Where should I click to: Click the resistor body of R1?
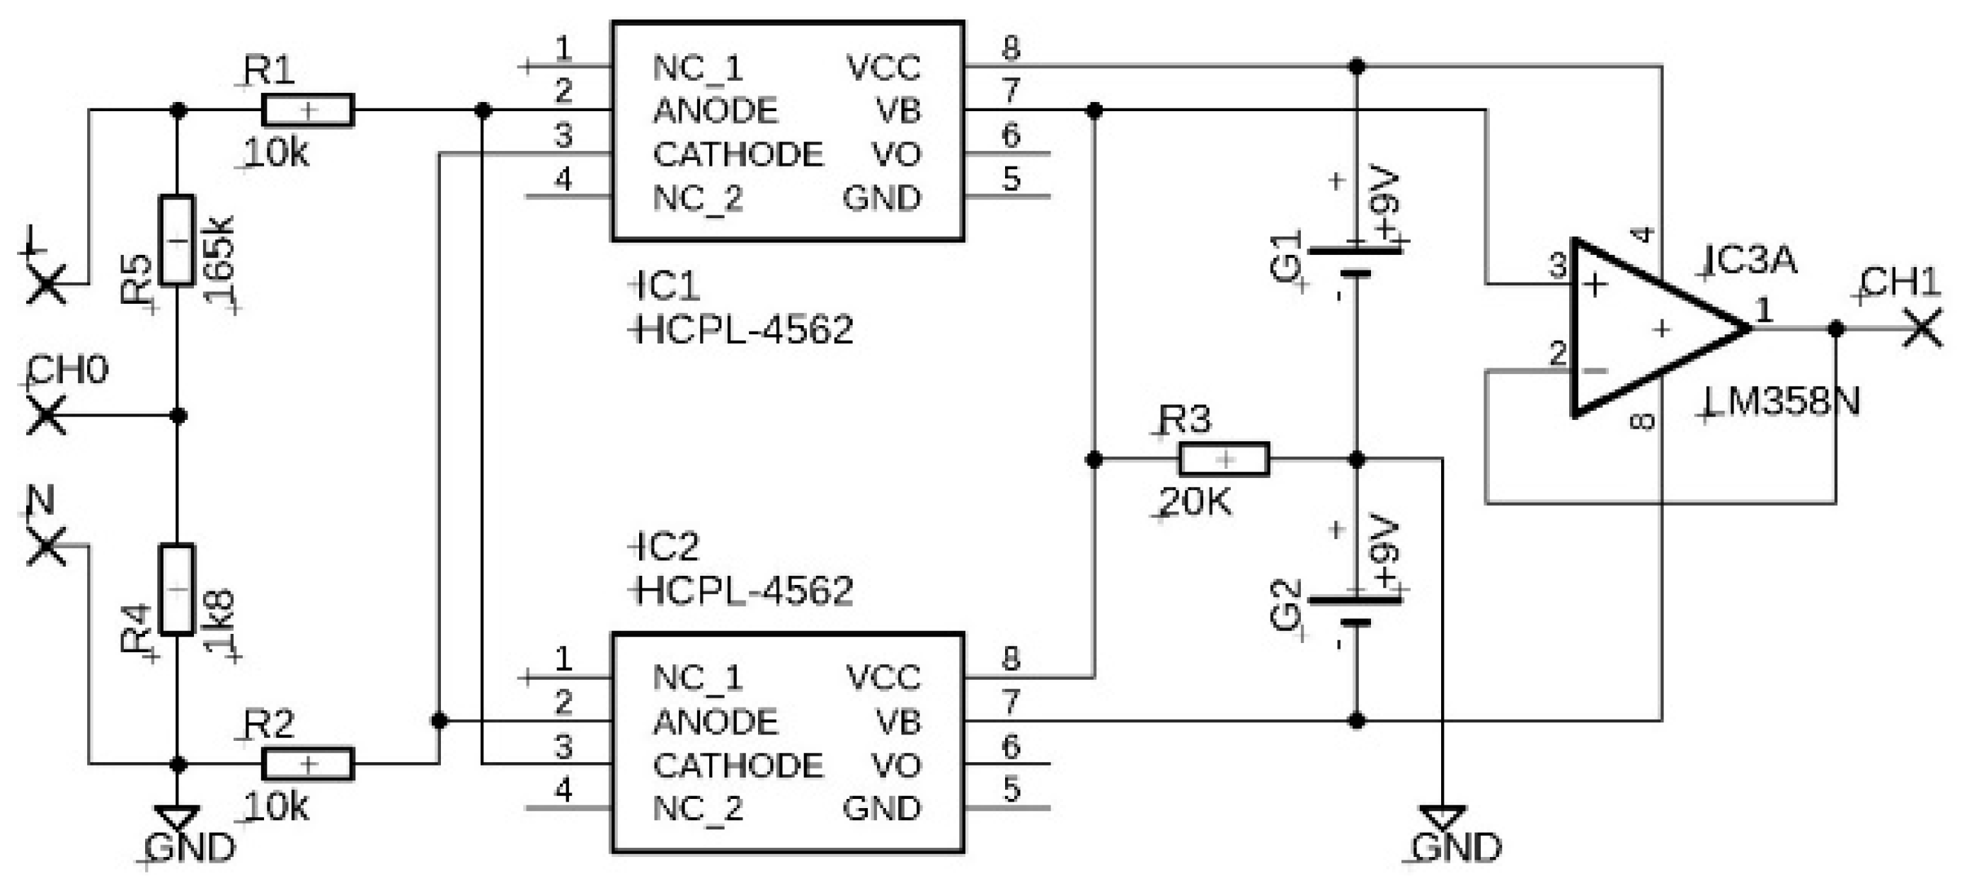tap(308, 110)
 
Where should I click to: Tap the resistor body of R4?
tap(177, 589)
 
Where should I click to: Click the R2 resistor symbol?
tap(308, 764)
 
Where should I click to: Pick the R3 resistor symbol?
tap(1224, 460)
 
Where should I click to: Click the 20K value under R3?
tap(1194, 502)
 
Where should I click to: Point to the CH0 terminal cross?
tap(47, 416)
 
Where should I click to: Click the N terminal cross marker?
tap(47, 546)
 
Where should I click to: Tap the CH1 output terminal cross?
tap(1922, 329)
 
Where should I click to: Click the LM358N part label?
tap(1782, 402)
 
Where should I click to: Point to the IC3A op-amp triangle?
tap(1645, 329)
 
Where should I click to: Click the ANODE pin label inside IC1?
tap(715, 111)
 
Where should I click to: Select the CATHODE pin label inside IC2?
tap(738, 766)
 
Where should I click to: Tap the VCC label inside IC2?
tap(883, 677)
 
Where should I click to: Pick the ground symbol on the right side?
tap(1442, 817)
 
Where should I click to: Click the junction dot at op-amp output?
tap(1836, 329)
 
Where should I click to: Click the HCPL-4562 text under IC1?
tap(744, 331)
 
